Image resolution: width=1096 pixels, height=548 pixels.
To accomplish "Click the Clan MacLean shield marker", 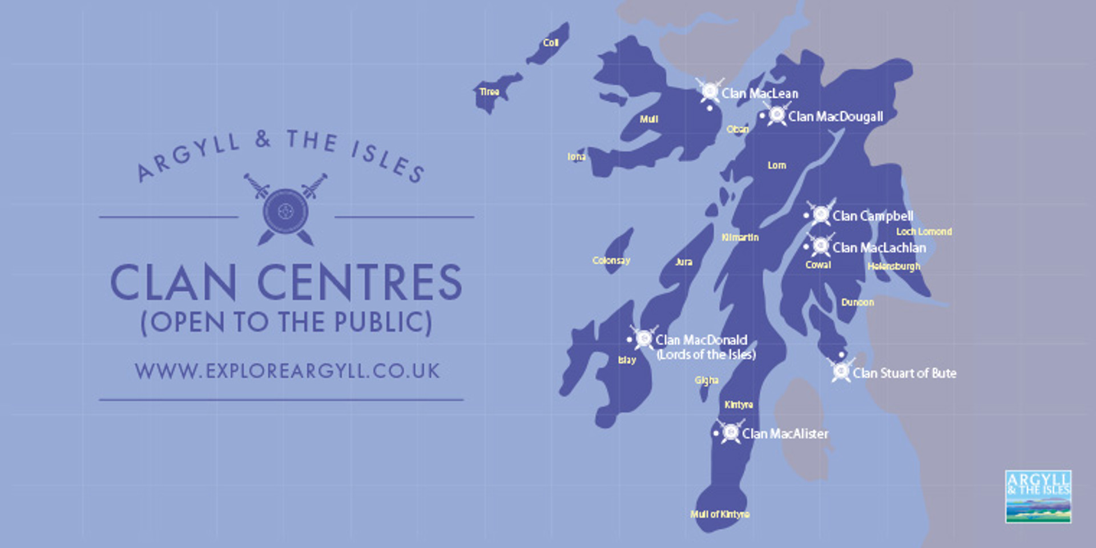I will pos(710,91).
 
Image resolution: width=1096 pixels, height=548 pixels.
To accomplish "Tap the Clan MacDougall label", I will pos(835,116).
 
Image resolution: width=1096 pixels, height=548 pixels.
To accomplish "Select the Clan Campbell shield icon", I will pos(821,214).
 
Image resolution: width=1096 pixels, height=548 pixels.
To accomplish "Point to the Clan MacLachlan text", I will pos(879,248).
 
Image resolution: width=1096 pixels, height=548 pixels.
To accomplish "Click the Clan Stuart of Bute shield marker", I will pos(841,371).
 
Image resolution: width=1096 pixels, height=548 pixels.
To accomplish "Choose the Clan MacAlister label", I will pos(785,434).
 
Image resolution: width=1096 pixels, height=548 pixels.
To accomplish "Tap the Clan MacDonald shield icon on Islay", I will pos(644,339).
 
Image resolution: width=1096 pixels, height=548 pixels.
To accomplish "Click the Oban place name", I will pos(738,130).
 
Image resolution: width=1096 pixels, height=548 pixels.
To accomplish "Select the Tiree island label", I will pos(489,92).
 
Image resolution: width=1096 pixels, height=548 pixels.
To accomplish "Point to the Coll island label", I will pos(550,43).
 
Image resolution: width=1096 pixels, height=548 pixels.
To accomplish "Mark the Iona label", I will pos(577,156).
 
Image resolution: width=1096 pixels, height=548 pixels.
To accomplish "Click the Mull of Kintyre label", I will pos(720,514).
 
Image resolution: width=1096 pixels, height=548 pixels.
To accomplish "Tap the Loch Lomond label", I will pos(924,232).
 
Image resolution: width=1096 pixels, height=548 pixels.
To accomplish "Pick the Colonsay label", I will pos(611,261).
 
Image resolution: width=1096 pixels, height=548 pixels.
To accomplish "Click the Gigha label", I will pos(706,380).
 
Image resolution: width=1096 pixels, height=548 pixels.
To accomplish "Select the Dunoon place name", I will pos(857,303).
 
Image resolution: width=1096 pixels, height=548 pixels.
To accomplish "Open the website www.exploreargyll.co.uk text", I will pos(287,371).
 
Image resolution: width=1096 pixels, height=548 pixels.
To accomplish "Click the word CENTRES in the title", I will pos(359,282).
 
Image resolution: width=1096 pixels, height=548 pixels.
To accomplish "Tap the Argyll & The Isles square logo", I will pos(1038,496).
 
